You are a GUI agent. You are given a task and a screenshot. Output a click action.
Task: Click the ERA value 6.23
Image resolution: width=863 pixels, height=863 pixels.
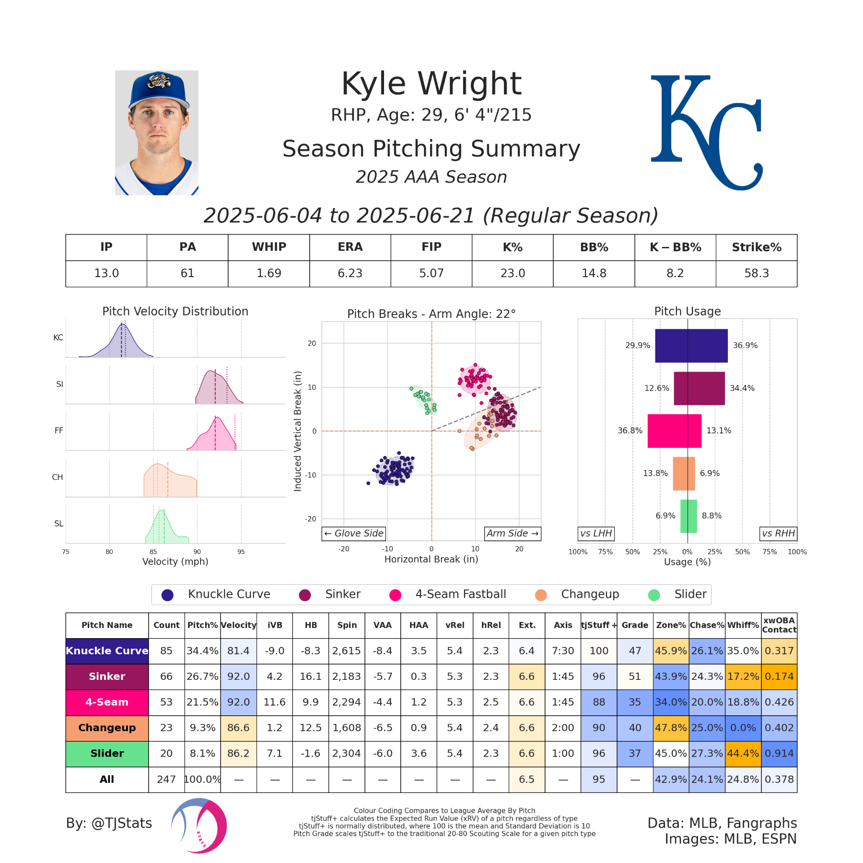click(x=350, y=273)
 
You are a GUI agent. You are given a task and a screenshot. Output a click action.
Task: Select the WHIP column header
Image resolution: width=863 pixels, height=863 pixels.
click(x=269, y=247)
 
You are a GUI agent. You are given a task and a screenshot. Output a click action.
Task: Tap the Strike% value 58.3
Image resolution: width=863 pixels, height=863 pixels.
click(x=756, y=273)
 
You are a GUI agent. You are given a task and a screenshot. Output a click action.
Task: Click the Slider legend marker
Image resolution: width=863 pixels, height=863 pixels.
click(x=654, y=595)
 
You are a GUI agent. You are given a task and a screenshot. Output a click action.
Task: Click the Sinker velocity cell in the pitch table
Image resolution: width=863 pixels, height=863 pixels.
click(x=238, y=676)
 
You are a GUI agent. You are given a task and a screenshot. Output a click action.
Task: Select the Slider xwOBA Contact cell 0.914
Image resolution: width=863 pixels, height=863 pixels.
click(x=779, y=754)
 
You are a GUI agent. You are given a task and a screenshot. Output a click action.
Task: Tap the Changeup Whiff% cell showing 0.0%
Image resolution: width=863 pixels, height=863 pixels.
click(x=743, y=728)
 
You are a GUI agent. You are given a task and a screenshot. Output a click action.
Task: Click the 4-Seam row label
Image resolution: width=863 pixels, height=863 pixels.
click(x=107, y=702)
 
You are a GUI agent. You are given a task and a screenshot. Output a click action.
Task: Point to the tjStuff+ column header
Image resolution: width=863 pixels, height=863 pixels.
click(x=599, y=625)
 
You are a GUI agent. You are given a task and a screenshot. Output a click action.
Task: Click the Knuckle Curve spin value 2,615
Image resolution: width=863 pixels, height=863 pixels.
click(x=347, y=651)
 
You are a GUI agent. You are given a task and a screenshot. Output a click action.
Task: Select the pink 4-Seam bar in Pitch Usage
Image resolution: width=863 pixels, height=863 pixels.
click(x=674, y=431)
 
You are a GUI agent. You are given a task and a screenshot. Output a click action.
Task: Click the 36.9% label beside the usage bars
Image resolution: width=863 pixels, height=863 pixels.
click(x=745, y=346)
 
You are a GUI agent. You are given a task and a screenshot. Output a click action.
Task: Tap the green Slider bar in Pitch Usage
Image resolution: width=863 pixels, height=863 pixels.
click(x=688, y=516)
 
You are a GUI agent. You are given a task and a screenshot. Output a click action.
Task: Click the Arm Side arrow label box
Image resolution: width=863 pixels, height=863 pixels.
click(x=513, y=534)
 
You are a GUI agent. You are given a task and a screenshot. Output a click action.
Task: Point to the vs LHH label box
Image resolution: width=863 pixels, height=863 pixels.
click(x=596, y=534)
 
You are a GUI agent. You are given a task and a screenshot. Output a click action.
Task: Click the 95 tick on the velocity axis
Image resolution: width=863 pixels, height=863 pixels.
click(x=241, y=552)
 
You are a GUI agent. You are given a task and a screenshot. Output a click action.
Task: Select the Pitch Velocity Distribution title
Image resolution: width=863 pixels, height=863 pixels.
click(x=175, y=312)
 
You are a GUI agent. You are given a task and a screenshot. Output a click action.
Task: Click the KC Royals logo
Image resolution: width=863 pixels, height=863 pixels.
click(x=706, y=132)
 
